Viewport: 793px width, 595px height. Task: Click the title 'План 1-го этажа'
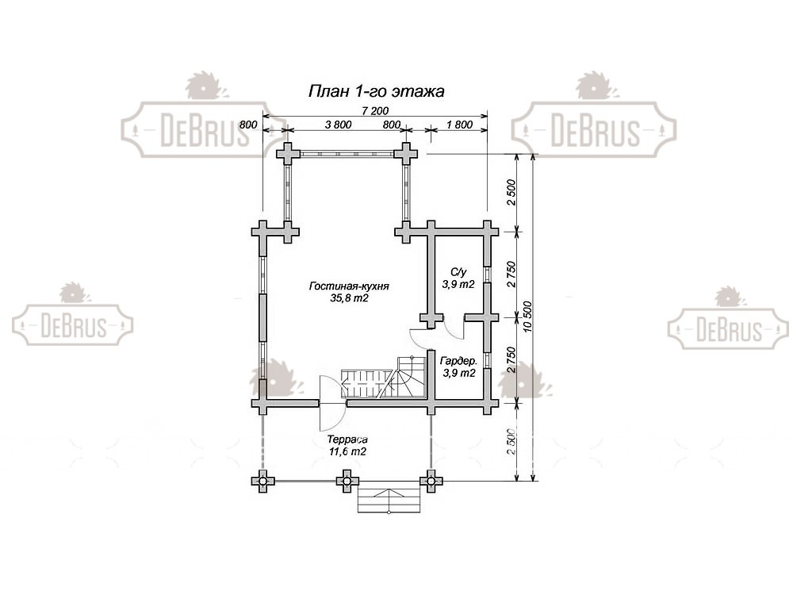coord(376,90)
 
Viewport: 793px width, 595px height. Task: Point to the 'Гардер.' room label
coord(458,361)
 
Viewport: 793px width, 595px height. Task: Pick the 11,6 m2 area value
coord(347,451)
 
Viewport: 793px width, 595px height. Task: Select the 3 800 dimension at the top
coord(339,125)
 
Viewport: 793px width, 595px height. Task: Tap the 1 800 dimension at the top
coord(459,125)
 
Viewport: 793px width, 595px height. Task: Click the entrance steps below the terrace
coord(389,501)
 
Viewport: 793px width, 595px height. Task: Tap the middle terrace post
coord(346,480)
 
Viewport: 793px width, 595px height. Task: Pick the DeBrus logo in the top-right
coord(594,129)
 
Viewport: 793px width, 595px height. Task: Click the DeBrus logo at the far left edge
coord(72,324)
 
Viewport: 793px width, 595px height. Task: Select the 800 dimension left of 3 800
coord(247,125)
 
